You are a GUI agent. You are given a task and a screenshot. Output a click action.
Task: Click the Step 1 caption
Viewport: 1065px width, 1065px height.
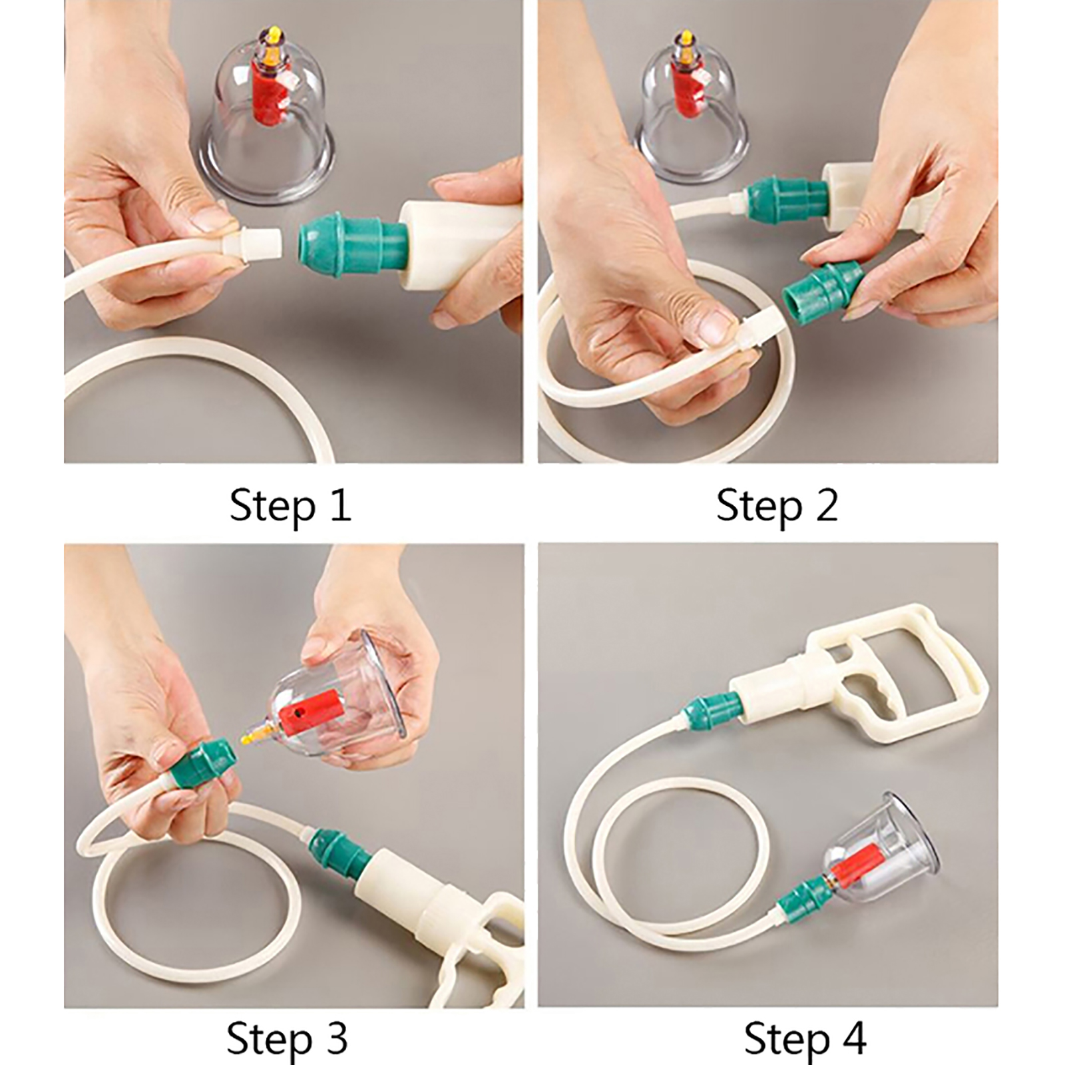coord(290,506)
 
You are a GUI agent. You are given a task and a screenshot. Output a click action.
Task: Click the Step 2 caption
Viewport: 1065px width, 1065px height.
coord(777,506)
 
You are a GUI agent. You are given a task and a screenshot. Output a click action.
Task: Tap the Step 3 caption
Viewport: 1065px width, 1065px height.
coord(287,1038)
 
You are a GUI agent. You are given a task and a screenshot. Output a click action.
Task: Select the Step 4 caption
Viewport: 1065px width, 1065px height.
coord(805,1038)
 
